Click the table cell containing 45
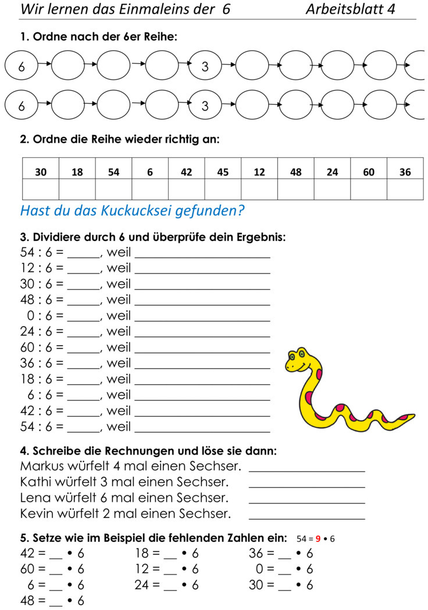(223, 172)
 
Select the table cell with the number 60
(369, 172)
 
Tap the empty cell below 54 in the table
(113, 190)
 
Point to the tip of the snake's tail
(412, 416)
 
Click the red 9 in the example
(318, 538)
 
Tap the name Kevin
(37, 514)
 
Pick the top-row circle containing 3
(205, 67)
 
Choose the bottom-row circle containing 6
(22, 107)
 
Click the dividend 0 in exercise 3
(31, 316)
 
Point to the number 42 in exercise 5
(28, 553)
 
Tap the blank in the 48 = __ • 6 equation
(56, 601)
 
